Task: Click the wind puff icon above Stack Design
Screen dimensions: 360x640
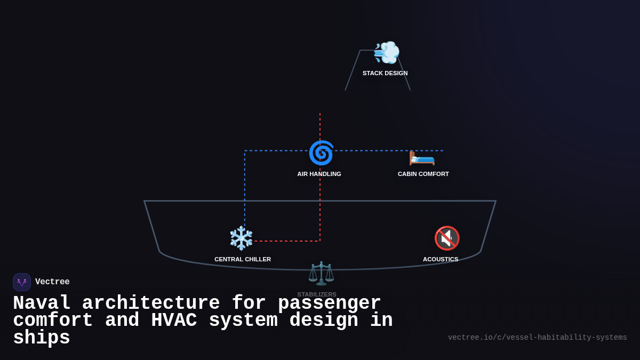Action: pyautogui.click(x=387, y=52)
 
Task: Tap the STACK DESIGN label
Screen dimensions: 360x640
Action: pyautogui.click(x=385, y=73)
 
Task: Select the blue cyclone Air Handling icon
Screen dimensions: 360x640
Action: pyautogui.click(x=321, y=153)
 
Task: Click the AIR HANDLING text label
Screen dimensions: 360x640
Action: pyautogui.click(x=319, y=174)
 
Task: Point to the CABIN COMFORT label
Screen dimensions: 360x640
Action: pyautogui.click(x=423, y=174)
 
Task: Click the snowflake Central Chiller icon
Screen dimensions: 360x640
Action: pyautogui.click(x=241, y=238)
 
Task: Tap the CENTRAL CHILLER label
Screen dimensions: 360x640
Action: pyautogui.click(x=243, y=259)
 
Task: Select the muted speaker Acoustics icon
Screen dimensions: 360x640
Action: pyautogui.click(x=446, y=238)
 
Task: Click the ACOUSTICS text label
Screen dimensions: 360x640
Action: pyautogui.click(x=441, y=259)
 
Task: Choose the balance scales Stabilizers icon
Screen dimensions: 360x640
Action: pyautogui.click(x=321, y=273)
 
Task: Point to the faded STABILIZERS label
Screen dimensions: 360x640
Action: pyautogui.click(x=317, y=294)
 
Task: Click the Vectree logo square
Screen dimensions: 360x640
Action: pyautogui.click(x=22, y=282)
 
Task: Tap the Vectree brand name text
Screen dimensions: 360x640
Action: pyautogui.click(x=52, y=282)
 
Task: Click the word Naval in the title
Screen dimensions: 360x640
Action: pyautogui.click(x=42, y=303)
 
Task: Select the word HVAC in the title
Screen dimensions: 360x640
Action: pyautogui.click(x=174, y=321)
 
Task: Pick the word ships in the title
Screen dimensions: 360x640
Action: pyautogui.click(x=42, y=338)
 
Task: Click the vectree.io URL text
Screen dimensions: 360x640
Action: pyautogui.click(x=537, y=338)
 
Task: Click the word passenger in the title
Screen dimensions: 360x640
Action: pyautogui.click(x=329, y=303)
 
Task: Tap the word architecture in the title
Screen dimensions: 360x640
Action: pyautogui.click(x=151, y=303)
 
